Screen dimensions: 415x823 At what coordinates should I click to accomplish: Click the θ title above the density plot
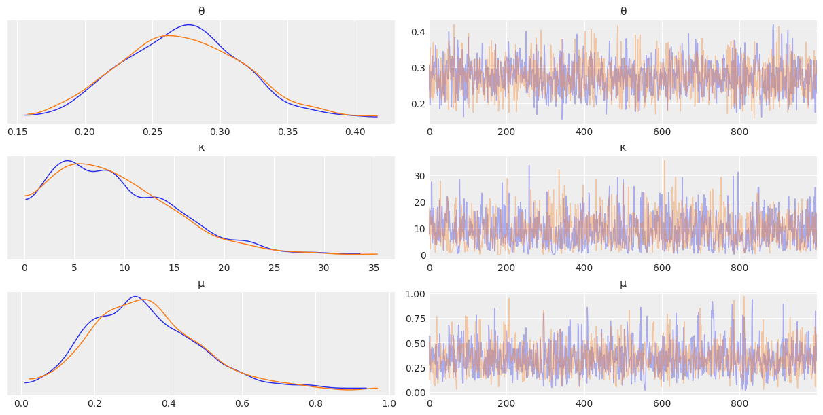201,11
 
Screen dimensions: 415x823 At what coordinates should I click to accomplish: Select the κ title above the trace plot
623,147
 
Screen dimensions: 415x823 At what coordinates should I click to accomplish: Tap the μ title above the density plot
201,283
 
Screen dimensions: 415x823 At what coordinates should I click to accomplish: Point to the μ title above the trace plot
623,283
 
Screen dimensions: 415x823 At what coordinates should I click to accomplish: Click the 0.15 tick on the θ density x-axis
17,131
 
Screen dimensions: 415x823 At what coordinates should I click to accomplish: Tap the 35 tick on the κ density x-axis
374,267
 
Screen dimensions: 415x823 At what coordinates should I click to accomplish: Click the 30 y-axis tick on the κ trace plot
421,176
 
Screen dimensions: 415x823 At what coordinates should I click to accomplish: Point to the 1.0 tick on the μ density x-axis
387,403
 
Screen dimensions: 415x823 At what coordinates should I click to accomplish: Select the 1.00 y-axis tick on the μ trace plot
415,294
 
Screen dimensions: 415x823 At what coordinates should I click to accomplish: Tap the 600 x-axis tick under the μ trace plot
662,403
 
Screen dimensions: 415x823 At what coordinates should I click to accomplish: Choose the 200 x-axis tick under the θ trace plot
506,131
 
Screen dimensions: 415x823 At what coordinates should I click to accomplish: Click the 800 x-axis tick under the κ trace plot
739,267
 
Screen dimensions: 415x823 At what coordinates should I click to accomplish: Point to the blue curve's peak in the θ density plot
189,25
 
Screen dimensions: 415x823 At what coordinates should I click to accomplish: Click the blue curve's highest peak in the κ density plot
67,161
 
